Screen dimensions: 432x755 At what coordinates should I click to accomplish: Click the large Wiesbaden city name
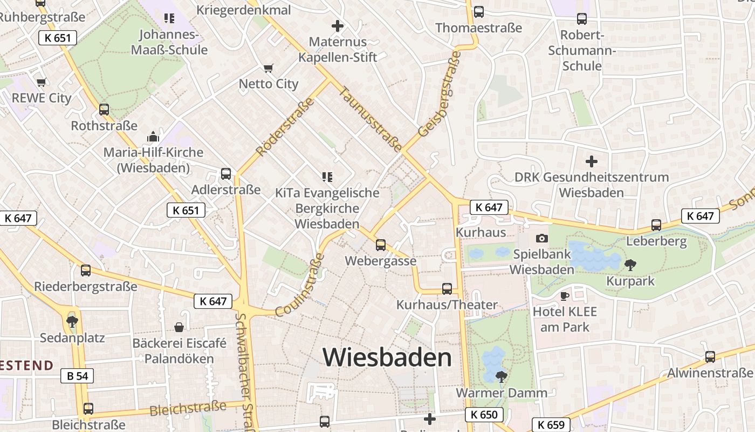click(387, 357)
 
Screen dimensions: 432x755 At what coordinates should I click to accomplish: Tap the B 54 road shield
click(78, 376)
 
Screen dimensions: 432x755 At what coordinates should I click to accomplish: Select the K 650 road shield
click(484, 415)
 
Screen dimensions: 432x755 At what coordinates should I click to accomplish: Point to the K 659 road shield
click(551, 425)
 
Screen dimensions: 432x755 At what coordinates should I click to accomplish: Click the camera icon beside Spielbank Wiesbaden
click(542, 238)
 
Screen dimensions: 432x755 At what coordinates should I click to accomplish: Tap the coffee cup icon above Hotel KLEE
click(565, 296)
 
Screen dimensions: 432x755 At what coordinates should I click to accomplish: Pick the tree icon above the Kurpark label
click(630, 265)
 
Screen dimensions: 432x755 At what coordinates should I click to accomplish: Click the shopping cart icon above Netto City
click(268, 68)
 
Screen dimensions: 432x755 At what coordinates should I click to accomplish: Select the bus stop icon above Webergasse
click(381, 245)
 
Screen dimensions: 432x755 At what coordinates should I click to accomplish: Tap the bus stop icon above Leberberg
click(656, 225)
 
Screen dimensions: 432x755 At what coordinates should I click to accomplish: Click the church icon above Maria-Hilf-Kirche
click(153, 136)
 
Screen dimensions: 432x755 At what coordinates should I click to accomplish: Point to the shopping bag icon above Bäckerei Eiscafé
click(179, 327)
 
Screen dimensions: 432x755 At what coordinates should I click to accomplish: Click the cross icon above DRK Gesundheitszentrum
click(592, 161)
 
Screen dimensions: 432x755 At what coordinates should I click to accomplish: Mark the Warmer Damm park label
click(502, 393)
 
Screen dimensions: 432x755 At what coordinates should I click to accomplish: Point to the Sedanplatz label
click(72, 338)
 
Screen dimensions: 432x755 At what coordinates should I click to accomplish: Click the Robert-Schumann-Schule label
click(582, 50)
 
